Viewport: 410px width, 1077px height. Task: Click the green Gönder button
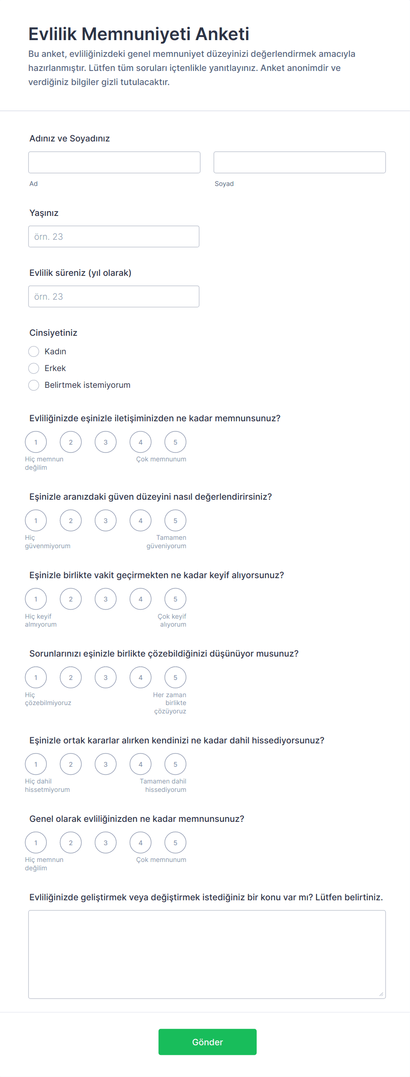pyautogui.click(x=207, y=1042)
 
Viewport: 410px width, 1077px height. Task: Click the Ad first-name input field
pyautogui.click(x=114, y=162)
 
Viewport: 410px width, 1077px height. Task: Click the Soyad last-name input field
pyautogui.click(x=299, y=162)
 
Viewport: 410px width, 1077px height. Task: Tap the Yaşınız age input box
pyautogui.click(x=114, y=237)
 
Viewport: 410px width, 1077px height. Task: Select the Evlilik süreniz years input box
pyautogui.click(x=114, y=297)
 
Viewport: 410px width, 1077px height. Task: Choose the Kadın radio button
pyautogui.click(x=34, y=351)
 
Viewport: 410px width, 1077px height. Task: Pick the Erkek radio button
pyautogui.click(x=34, y=368)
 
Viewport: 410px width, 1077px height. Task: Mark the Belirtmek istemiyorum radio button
pyautogui.click(x=34, y=385)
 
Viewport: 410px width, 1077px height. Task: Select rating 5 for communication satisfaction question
pyautogui.click(x=175, y=442)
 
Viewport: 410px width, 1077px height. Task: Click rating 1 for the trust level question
pyautogui.click(x=36, y=520)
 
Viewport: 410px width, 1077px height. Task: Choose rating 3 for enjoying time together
pyautogui.click(x=105, y=599)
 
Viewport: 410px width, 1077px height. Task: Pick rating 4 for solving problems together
pyautogui.click(x=140, y=677)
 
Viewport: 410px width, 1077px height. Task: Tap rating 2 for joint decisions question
pyautogui.click(x=71, y=764)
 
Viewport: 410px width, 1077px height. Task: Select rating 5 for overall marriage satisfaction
pyautogui.click(x=175, y=843)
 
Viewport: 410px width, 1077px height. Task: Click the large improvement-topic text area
pyautogui.click(x=207, y=954)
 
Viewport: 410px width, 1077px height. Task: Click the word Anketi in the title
pyautogui.click(x=222, y=34)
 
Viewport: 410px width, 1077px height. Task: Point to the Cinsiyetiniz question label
pyautogui.click(x=53, y=333)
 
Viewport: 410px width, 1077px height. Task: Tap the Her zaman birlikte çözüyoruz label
pyautogui.click(x=170, y=703)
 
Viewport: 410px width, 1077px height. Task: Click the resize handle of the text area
pyautogui.click(x=381, y=994)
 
